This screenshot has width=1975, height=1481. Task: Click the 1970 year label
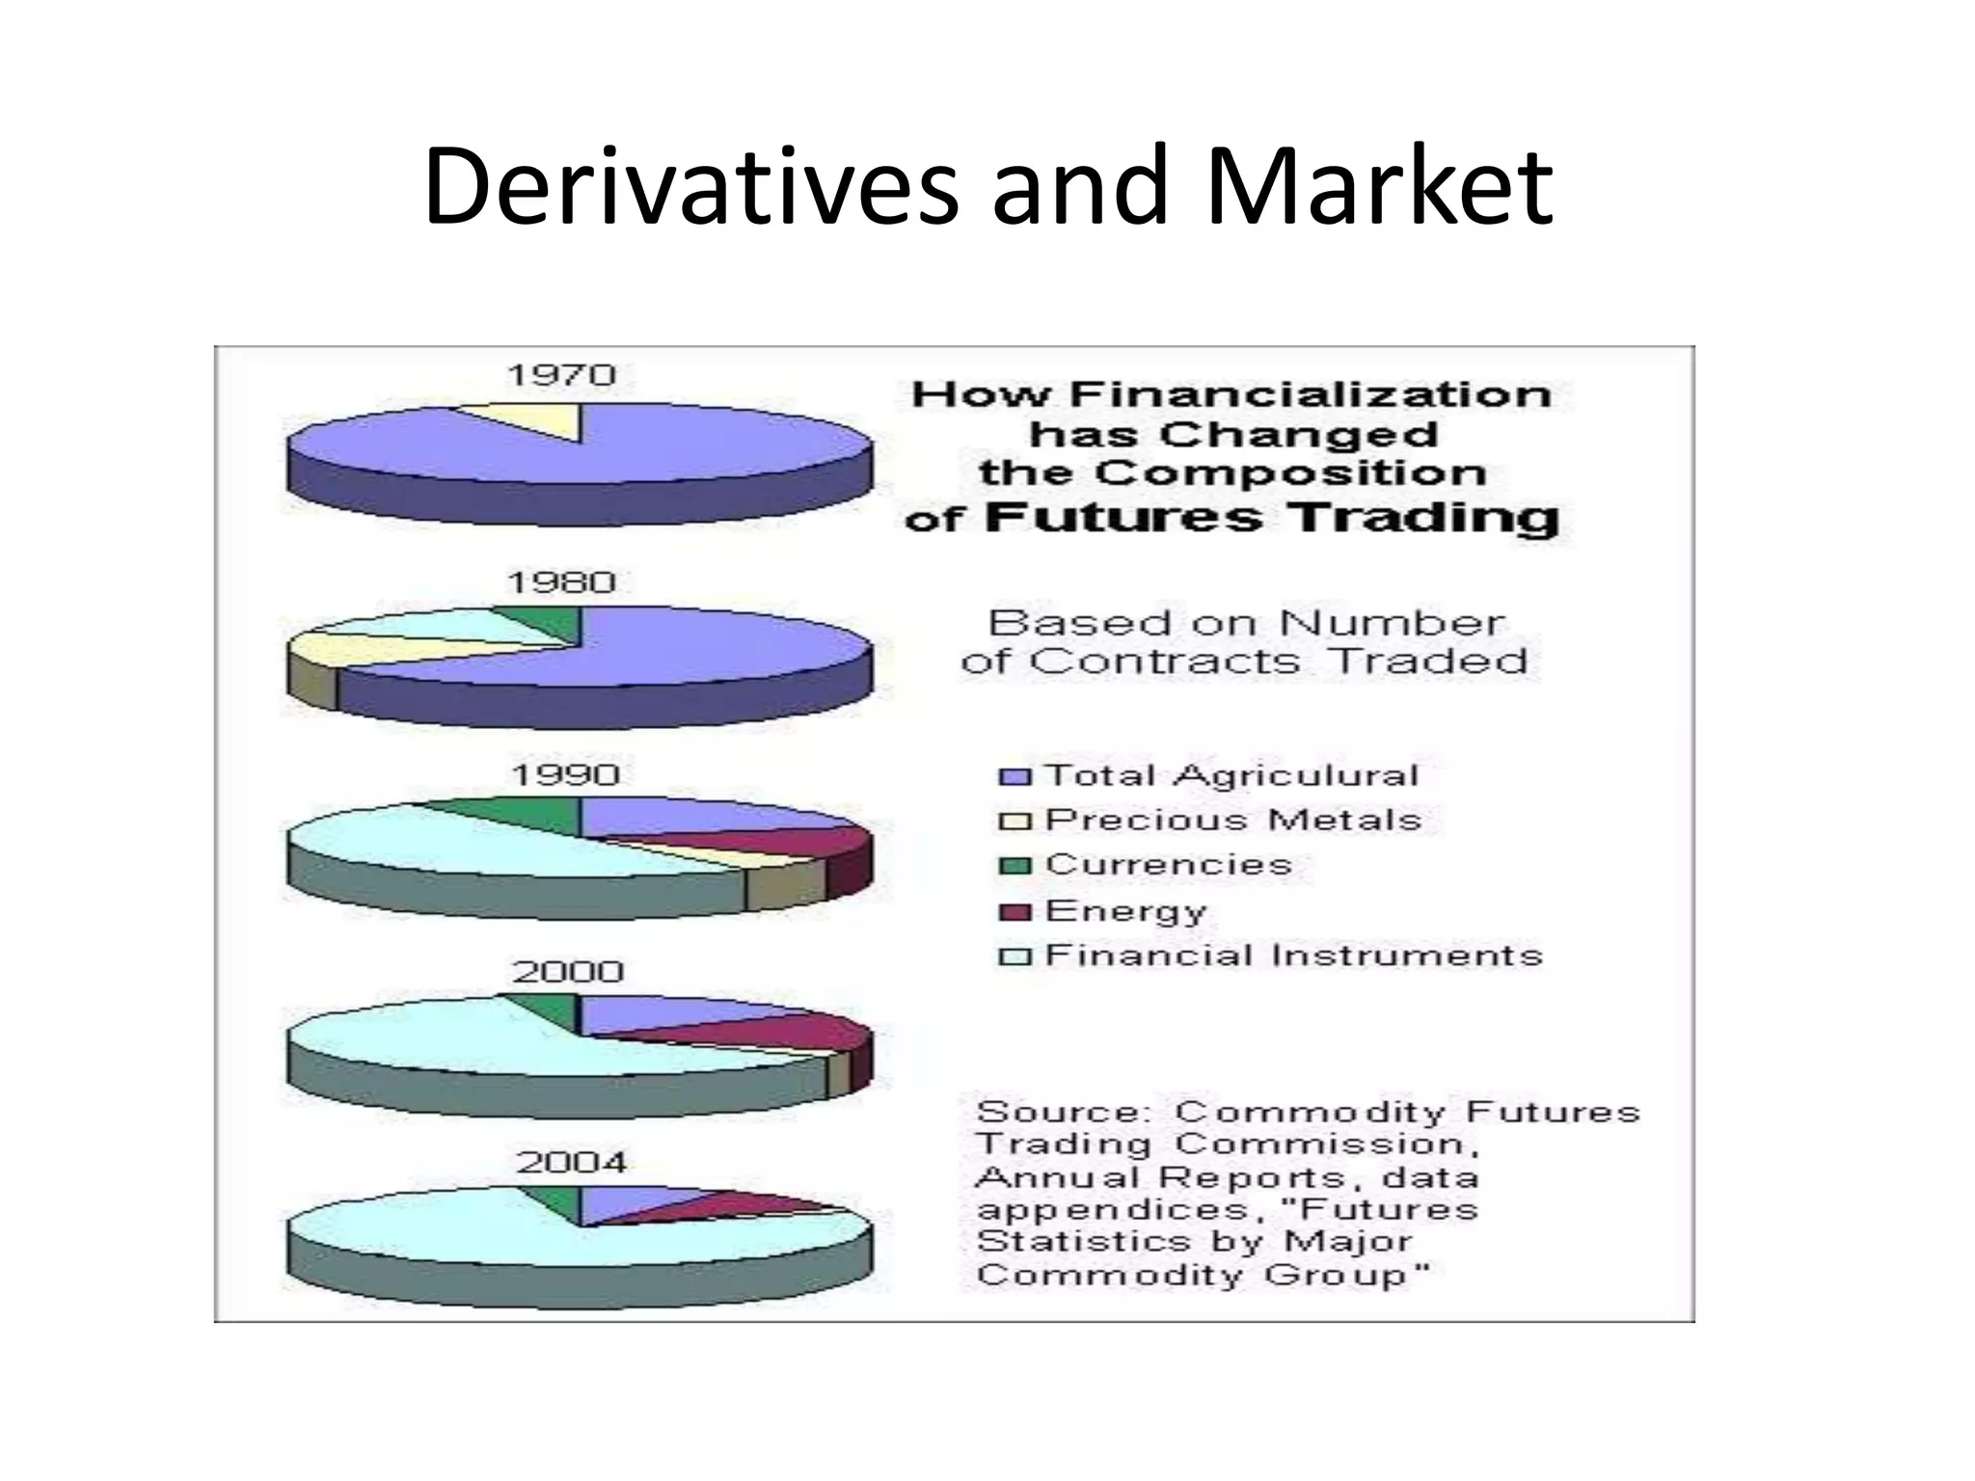(561, 375)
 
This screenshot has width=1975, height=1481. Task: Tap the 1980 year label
(561, 582)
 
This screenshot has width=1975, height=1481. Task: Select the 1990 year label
(565, 774)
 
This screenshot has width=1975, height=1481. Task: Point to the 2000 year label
(568, 971)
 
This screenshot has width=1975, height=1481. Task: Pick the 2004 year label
(571, 1162)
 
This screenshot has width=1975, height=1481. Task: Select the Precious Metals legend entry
(1232, 821)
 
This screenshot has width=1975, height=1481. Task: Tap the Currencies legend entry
(1167, 865)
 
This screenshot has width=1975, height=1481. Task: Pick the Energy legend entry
(1124, 911)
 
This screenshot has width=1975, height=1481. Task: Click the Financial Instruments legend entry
(1293, 956)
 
